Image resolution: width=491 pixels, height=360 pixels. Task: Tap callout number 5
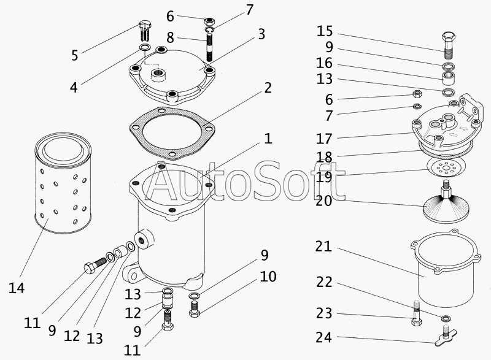point(74,55)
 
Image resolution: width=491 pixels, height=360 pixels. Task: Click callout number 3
point(261,34)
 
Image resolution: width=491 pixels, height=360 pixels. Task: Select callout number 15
point(325,31)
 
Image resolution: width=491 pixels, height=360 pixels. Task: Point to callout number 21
point(323,247)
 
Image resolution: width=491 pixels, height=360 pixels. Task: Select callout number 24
point(325,337)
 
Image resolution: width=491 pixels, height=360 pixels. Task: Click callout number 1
point(268,139)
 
